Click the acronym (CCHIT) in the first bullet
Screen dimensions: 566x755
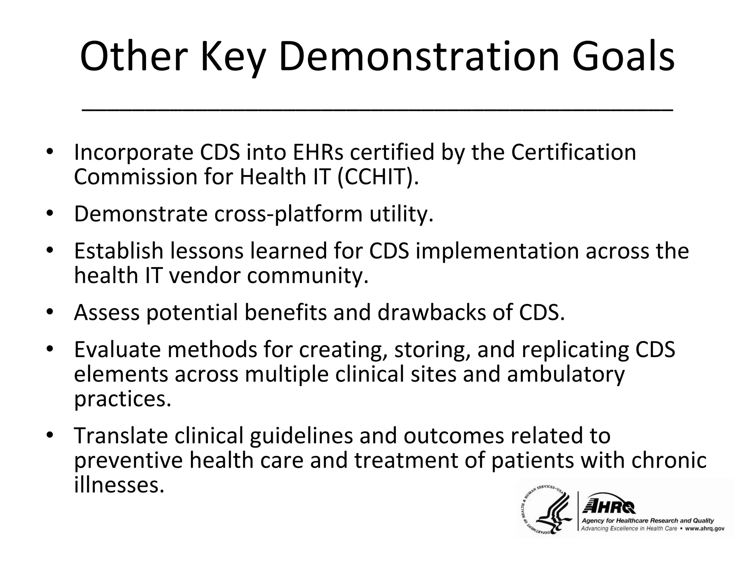pos(377,177)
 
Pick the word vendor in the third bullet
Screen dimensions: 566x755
pos(205,275)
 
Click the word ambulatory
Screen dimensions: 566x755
pos(566,374)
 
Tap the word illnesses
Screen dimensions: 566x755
pos(119,485)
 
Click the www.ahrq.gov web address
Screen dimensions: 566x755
pos(704,528)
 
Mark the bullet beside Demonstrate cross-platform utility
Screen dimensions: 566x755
pos(50,213)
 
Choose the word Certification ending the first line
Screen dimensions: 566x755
pos(573,152)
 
